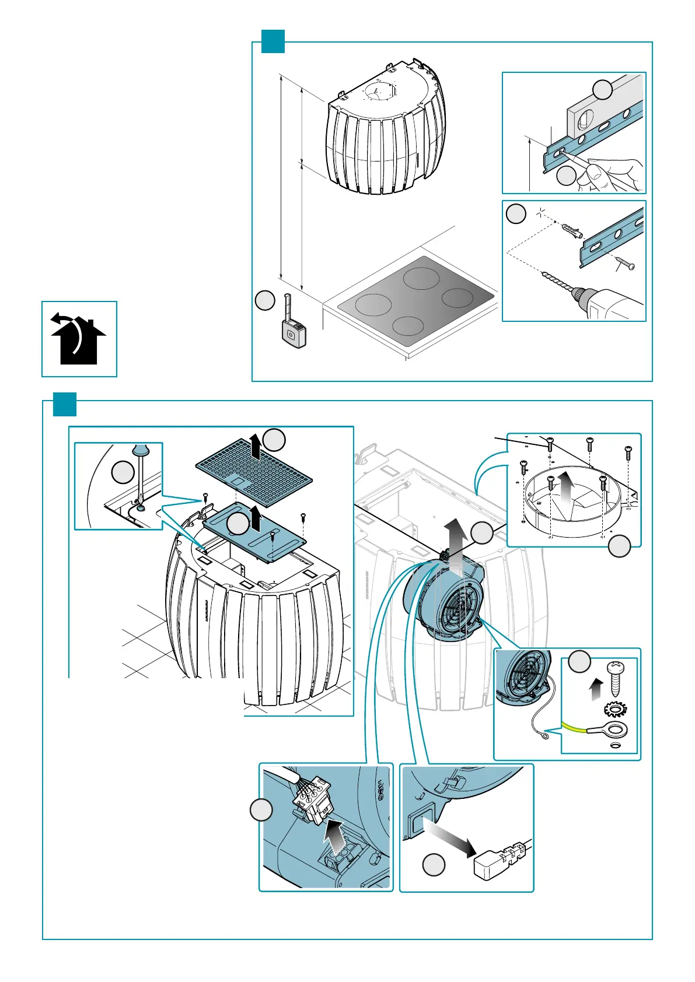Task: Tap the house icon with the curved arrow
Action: coord(78,339)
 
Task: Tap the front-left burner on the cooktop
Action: coord(373,305)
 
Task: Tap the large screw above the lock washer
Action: coord(616,676)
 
